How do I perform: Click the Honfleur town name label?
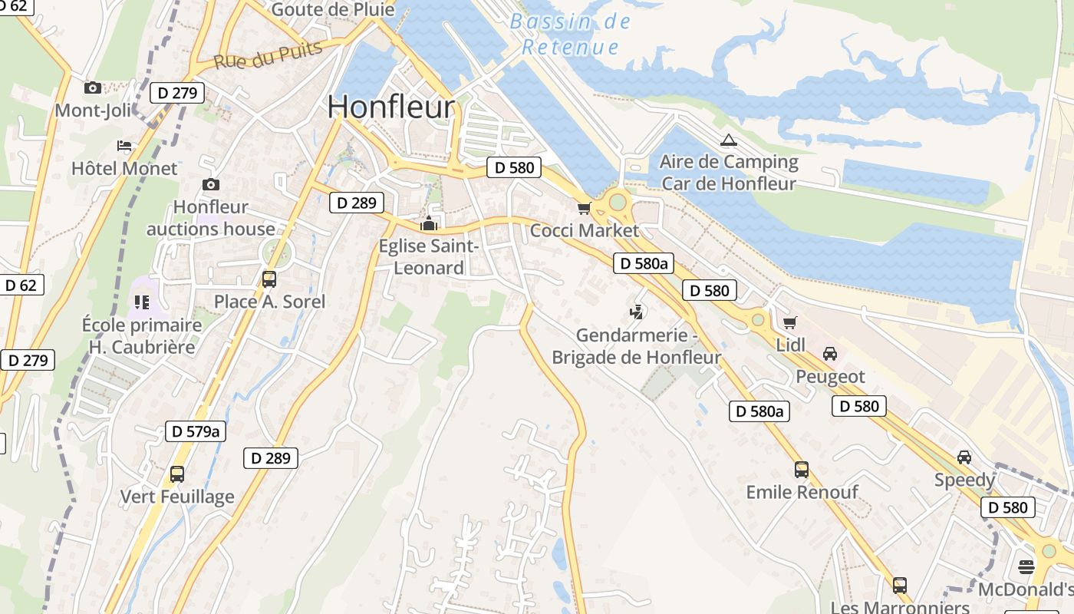click(391, 107)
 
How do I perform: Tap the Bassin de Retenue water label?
click(570, 34)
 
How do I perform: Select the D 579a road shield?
click(196, 431)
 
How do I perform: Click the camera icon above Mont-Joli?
click(93, 88)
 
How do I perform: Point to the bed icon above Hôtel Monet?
click(124, 146)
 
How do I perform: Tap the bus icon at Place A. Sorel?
click(269, 279)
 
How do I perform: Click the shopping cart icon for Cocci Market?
click(585, 208)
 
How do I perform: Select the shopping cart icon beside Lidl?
click(790, 322)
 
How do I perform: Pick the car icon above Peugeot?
click(829, 354)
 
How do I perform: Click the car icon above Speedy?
click(964, 457)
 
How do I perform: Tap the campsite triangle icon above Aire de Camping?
click(728, 140)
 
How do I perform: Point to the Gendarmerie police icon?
click(636, 312)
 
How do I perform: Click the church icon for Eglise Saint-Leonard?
click(429, 224)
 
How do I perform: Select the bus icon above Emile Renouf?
click(802, 469)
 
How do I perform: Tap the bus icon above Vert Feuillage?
click(177, 474)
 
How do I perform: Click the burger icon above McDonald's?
click(1026, 567)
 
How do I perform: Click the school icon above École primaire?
click(141, 302)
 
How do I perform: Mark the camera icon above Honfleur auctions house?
click(210, 185)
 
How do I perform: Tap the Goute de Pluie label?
click(333, 10)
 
